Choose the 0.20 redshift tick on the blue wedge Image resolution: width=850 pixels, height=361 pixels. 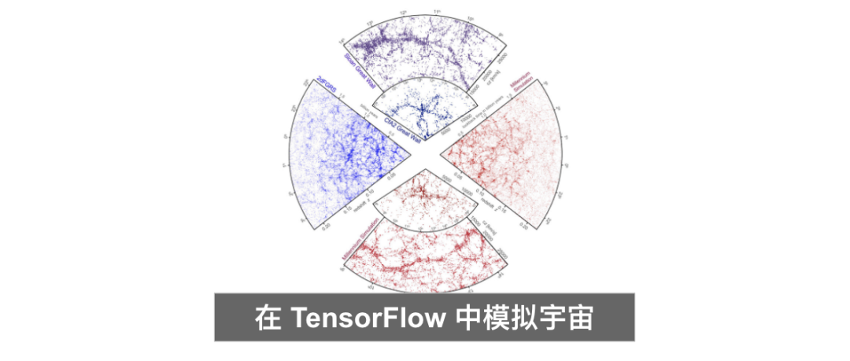327,225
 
